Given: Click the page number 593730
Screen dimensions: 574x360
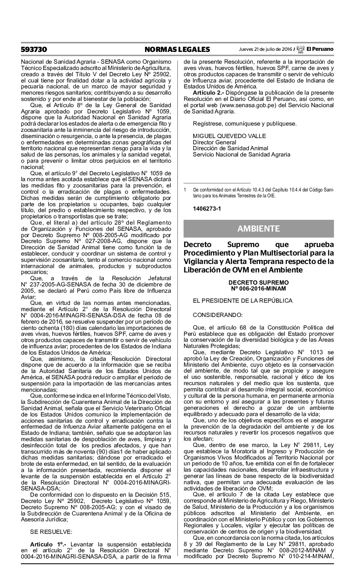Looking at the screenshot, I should click(34, 49).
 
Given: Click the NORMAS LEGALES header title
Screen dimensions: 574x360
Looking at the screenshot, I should click(177, 49).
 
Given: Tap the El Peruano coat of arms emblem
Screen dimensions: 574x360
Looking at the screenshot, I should click(300, 49).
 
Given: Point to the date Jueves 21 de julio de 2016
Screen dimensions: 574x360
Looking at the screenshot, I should click(265, 49).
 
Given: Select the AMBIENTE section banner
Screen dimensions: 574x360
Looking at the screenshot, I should click(258, 229).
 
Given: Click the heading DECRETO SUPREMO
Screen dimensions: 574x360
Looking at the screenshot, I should click(258, 282).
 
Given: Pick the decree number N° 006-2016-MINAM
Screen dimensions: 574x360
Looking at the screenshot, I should click(258, 289).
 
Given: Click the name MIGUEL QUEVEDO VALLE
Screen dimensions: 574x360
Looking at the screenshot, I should click(229, 136).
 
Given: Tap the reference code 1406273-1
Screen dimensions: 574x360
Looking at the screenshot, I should click(207, 209).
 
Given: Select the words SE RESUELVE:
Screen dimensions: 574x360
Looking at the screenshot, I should click(51, 531).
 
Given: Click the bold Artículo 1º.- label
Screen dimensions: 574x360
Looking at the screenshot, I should click(49, 544).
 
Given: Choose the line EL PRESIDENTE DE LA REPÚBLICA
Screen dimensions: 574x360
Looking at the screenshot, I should click(243, 300).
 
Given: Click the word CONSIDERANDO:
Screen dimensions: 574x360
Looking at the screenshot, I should click(218, 315).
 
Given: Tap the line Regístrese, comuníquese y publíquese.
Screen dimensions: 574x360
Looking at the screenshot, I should click(244, 124).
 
